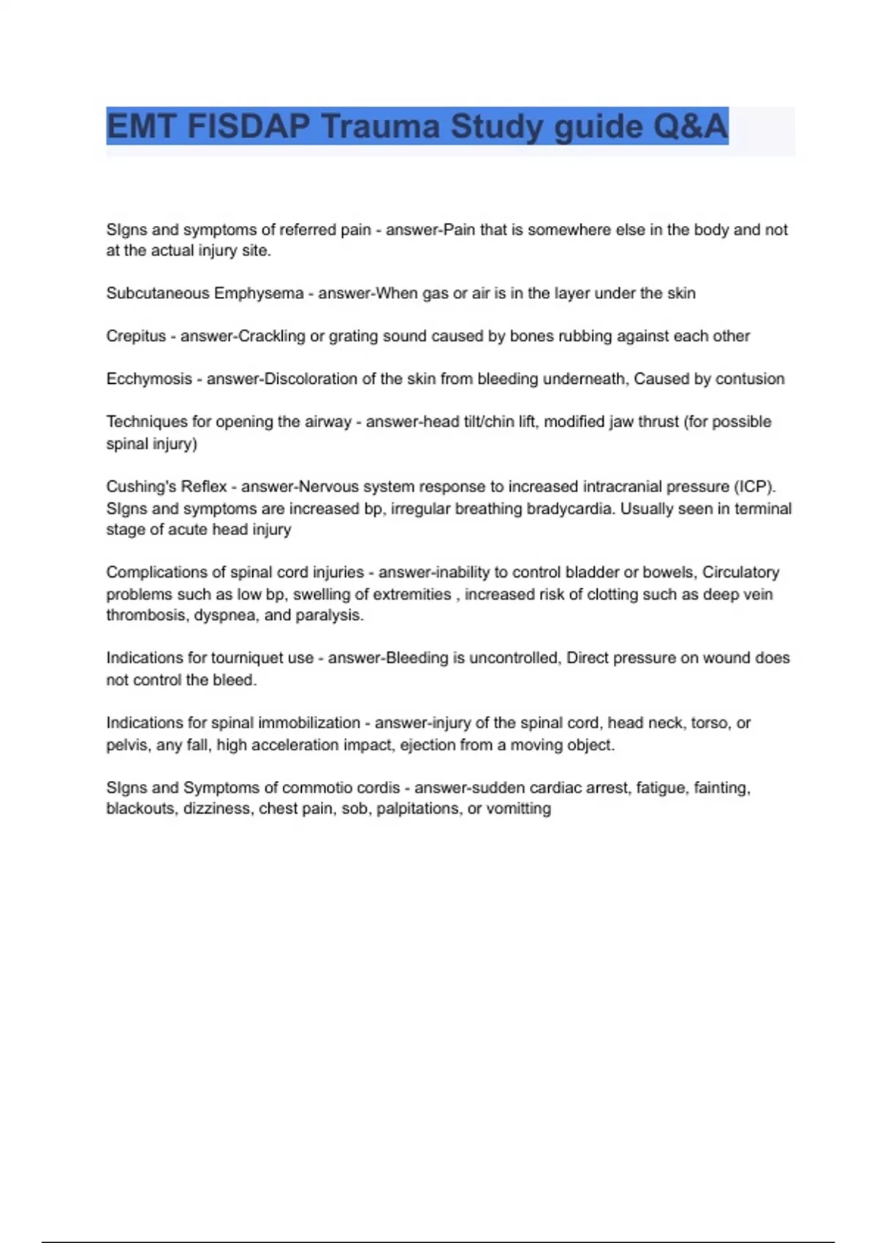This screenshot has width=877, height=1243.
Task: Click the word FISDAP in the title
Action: tap(248, 126)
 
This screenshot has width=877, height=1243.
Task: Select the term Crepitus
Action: tap(136, 336)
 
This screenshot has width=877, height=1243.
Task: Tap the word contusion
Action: tap(750, 379)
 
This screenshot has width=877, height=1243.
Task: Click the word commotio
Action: tap(318, 788)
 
